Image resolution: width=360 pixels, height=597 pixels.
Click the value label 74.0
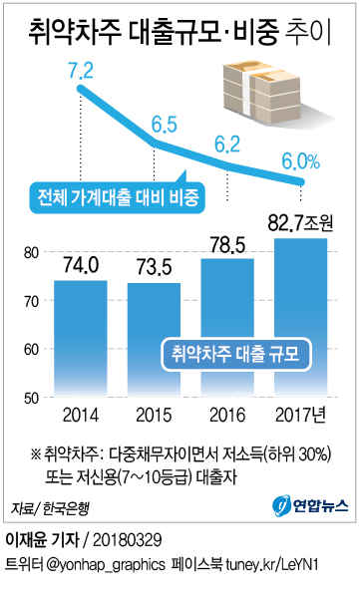click(x=80, y=266)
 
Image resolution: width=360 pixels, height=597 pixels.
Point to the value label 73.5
click(x=154, y=269)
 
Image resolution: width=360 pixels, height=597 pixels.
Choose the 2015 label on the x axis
click(x=154, y=416)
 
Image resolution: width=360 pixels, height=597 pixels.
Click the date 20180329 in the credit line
click(x=136, y=542)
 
